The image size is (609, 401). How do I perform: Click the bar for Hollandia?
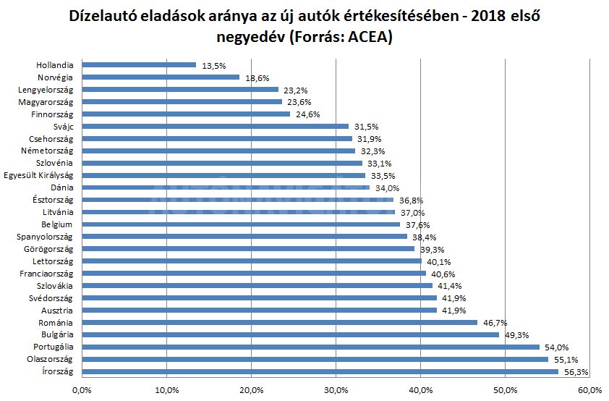139,64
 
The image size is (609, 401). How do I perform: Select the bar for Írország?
320,371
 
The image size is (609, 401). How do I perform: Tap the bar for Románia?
279,322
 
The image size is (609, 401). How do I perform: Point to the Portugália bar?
310,347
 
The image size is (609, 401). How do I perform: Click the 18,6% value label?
255,77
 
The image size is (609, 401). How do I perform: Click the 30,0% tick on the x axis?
336,391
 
